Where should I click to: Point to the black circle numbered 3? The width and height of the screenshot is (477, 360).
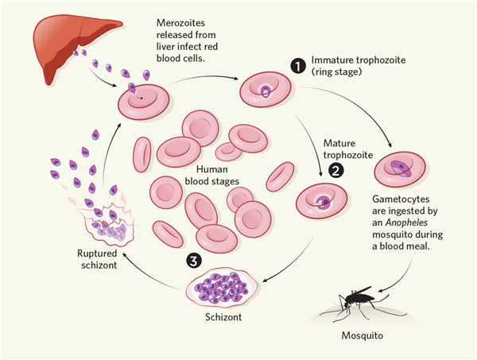pyautogui.click(x=193, y=260)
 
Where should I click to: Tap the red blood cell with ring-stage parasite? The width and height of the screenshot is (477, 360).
pyautogui.click(x=264, y=90)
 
